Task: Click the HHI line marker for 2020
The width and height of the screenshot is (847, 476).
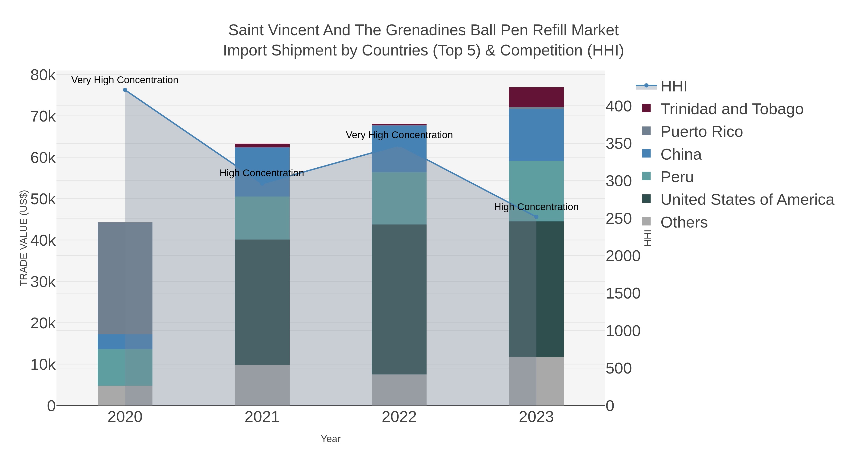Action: pyautogui.click(x=125, y=90)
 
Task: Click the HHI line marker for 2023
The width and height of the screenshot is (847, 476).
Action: pyautogui.click(x=536, y=217)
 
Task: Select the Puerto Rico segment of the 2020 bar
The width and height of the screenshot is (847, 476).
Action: pyautogui.click(x=125, y=278)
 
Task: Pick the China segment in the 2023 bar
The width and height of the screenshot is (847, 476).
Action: pyautogui.click(x=536, y=135)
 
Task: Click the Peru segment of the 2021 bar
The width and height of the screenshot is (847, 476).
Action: pyautogui.click(x=262, y=218)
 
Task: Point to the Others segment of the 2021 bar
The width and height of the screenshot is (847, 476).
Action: pyautogui.click(x=262, y=385)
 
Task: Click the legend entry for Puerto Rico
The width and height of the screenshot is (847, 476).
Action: pyautogui.click(x=701, y=132)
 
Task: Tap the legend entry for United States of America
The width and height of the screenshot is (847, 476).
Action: pyautogui.click(x=747, y=200)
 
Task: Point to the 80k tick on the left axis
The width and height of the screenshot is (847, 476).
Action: pyautogui.click(x=43, y=75)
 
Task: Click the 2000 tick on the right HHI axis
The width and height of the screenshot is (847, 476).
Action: pyautogui.click(x=623, y=256)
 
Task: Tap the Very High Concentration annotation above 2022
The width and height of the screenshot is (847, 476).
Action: pyautogui.click(x=399, y=135)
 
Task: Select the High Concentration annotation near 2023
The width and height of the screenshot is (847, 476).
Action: pyautogui.click(x=536, y=207)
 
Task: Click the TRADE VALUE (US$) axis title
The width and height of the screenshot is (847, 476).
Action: pyautogui.click(x=24, y=238)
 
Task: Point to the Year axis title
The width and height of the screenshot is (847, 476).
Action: pyautogui.click(x=331, y=439)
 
